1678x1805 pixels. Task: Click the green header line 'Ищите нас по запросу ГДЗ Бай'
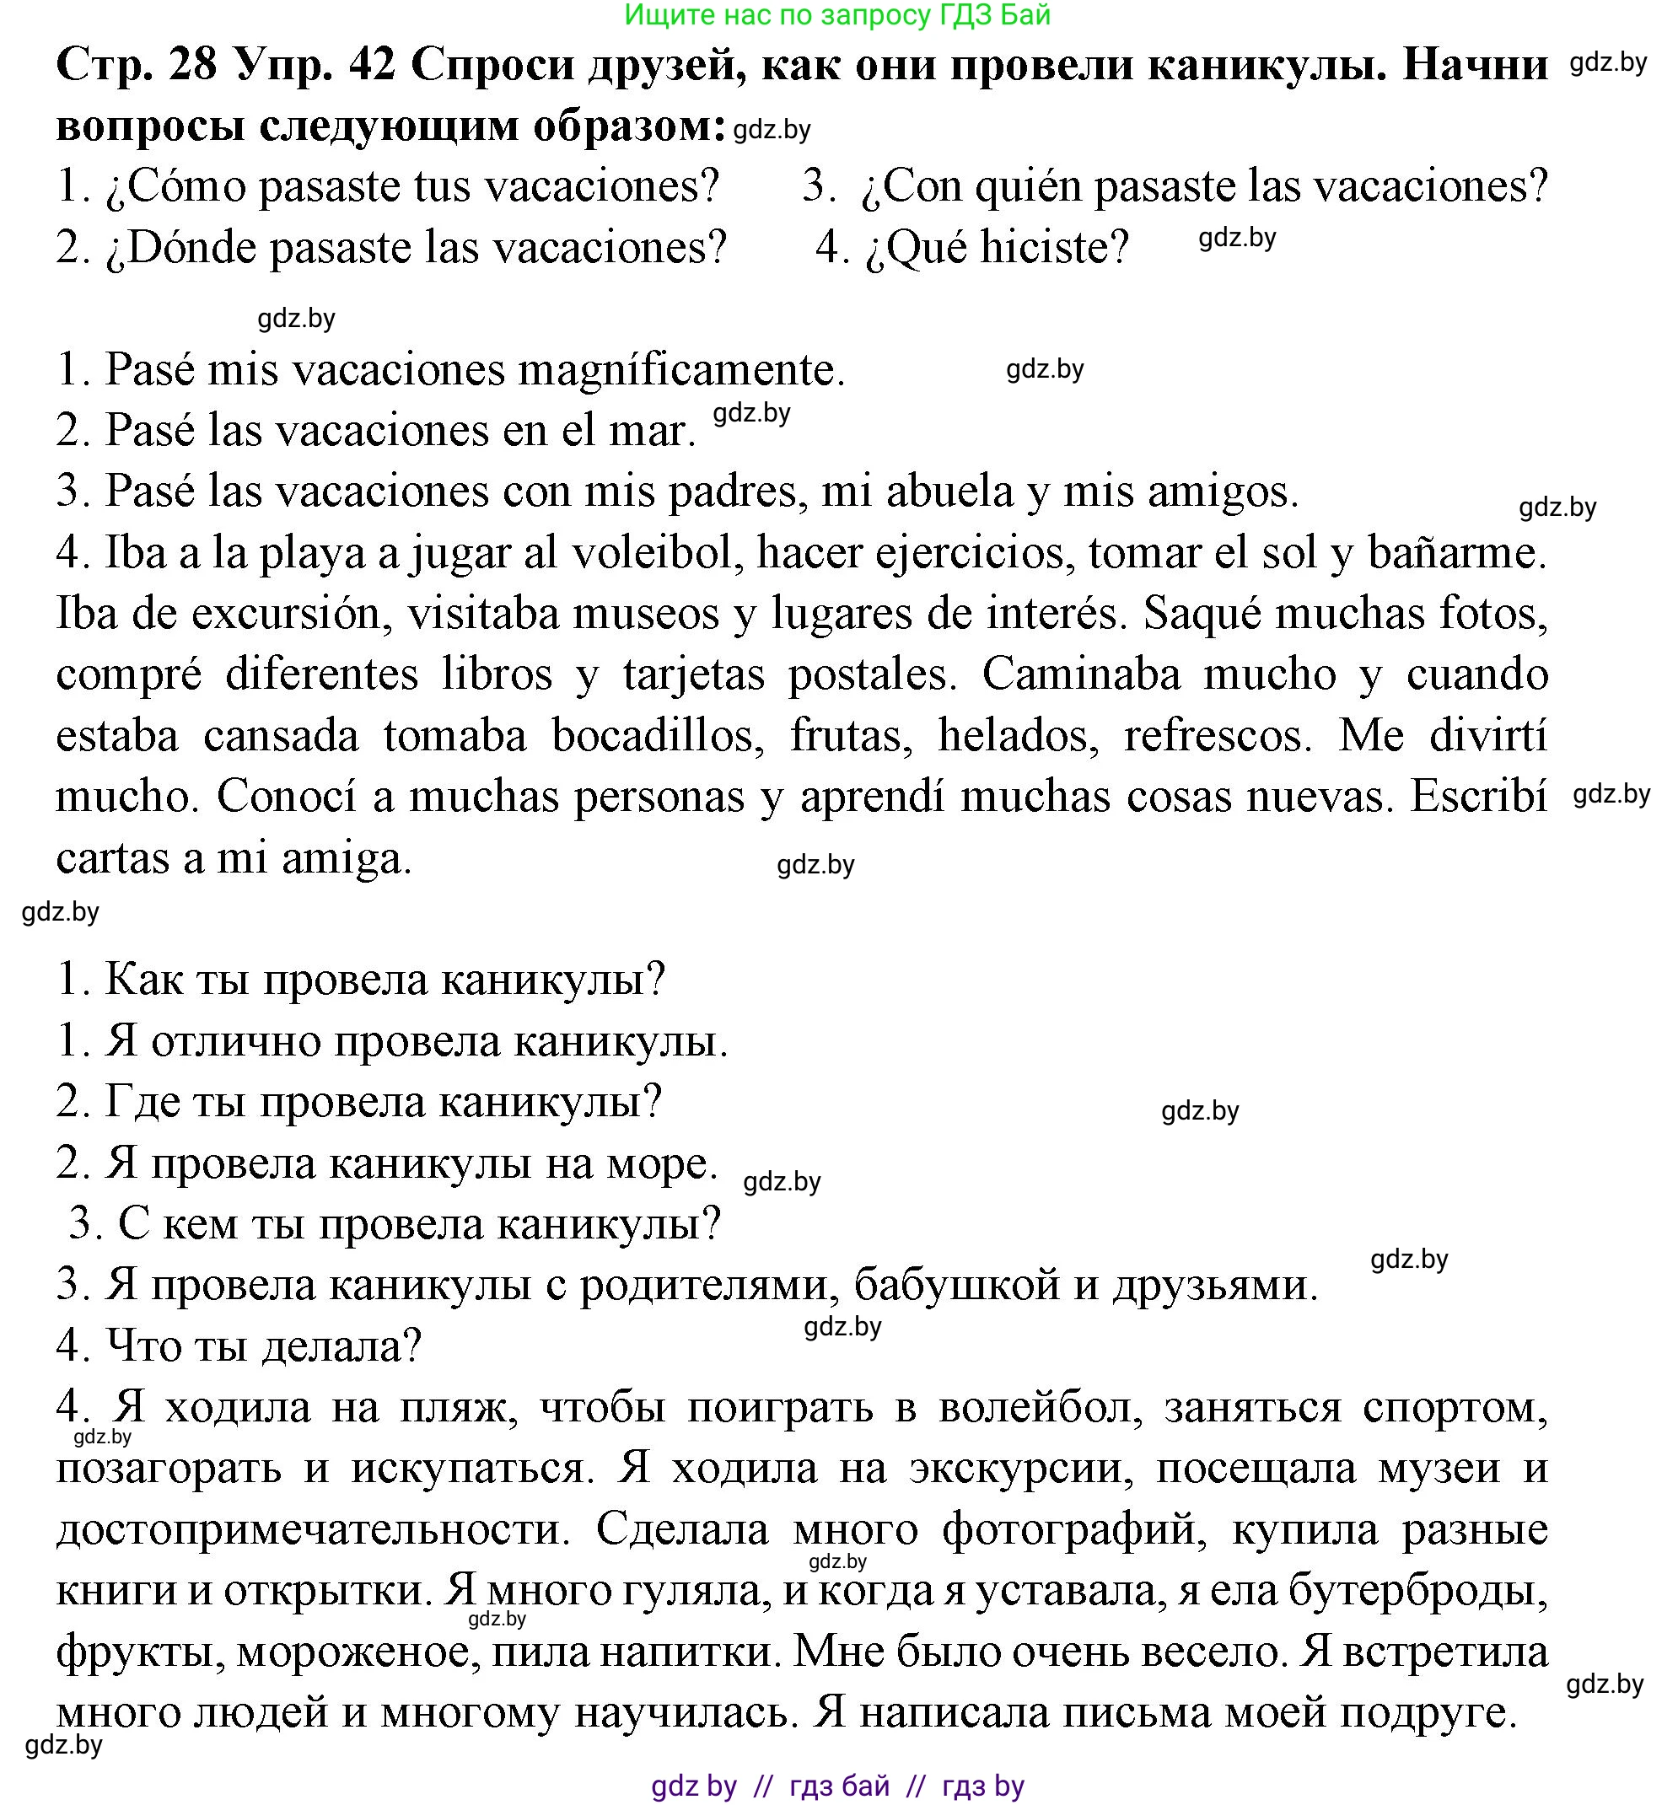point(837,15)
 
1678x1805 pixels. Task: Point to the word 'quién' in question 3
point(1030,186)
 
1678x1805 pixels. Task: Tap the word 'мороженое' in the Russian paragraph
point(358,1652)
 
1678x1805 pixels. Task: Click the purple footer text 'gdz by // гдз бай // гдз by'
point(837,1786)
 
